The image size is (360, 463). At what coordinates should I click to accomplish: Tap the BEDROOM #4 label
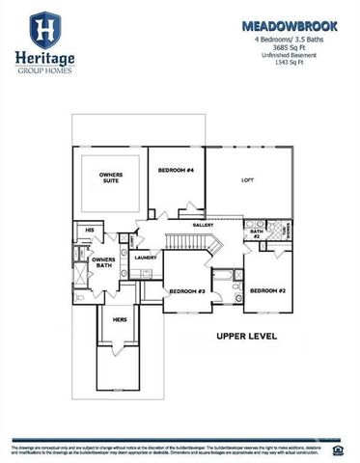[x=176, y=170]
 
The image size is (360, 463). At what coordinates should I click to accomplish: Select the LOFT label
[x=247, y=180]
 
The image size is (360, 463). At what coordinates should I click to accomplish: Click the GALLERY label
[x=203, y=225]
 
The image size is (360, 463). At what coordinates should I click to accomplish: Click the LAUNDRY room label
[x=146, y=258]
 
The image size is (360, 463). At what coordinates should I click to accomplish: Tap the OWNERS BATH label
[x=103, y=263]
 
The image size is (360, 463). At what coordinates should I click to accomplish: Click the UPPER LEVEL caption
[x=247, y=337]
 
